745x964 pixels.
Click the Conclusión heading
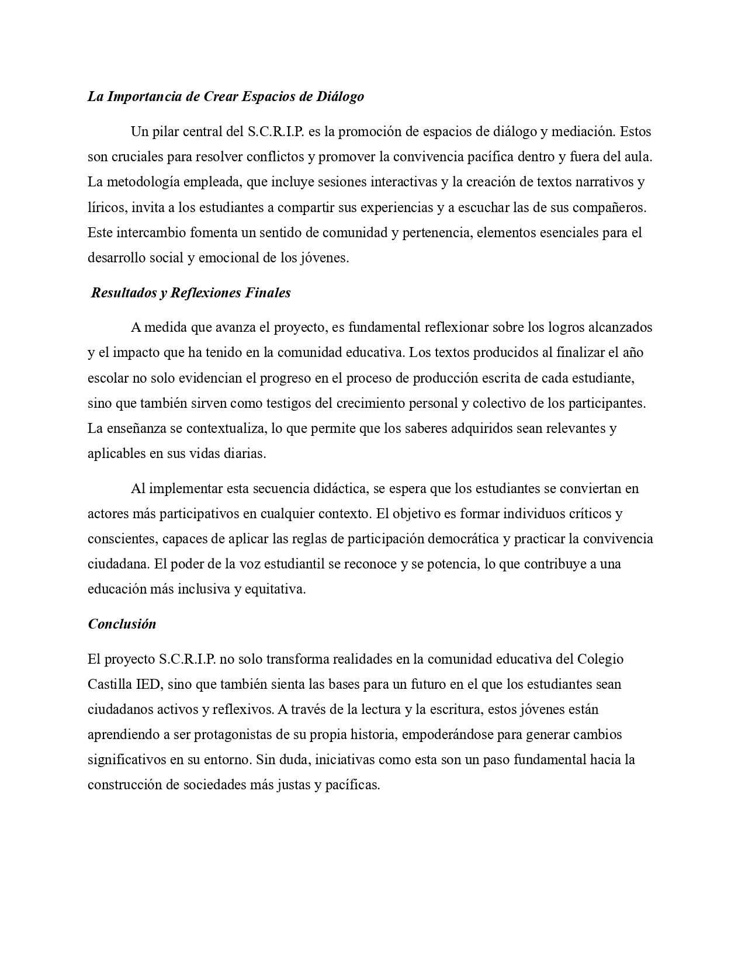pos(122,624)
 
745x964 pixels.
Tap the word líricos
pos(107,207)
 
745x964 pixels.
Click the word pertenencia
pos(437,233)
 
